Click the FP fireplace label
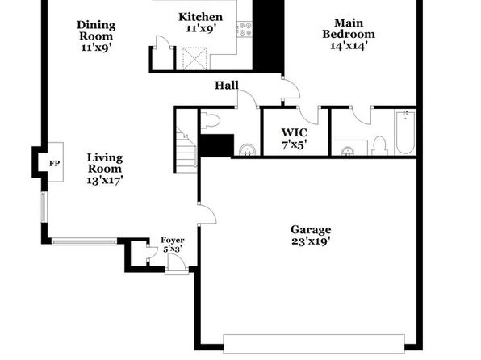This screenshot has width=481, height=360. tap(55, 164)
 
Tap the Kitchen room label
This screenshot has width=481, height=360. tap(201, 17)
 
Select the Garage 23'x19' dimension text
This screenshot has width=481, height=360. tap(311, 241)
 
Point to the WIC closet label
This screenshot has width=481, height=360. tap(295, 132)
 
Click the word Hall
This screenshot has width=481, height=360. tap(227, 85)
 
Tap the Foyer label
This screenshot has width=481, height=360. tap(173, 240)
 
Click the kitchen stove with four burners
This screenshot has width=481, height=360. tap(245, 30)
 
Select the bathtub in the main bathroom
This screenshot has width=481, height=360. tap(405, 132)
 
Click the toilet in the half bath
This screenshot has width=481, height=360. tap(211, 120)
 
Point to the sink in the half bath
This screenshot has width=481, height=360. tap(248, 150)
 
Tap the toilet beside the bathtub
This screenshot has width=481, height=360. tap(379, 145)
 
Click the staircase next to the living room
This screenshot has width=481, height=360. tap(186, 149)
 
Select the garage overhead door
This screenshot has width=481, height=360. tap(314, 344)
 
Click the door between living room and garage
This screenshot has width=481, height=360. tap(207, 214)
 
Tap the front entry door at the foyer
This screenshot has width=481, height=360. tap(177, 264)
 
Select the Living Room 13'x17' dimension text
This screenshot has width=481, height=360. tap(105, 180)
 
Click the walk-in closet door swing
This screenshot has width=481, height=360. tap(309, 115)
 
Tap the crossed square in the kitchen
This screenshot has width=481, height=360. tap(194, 58)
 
